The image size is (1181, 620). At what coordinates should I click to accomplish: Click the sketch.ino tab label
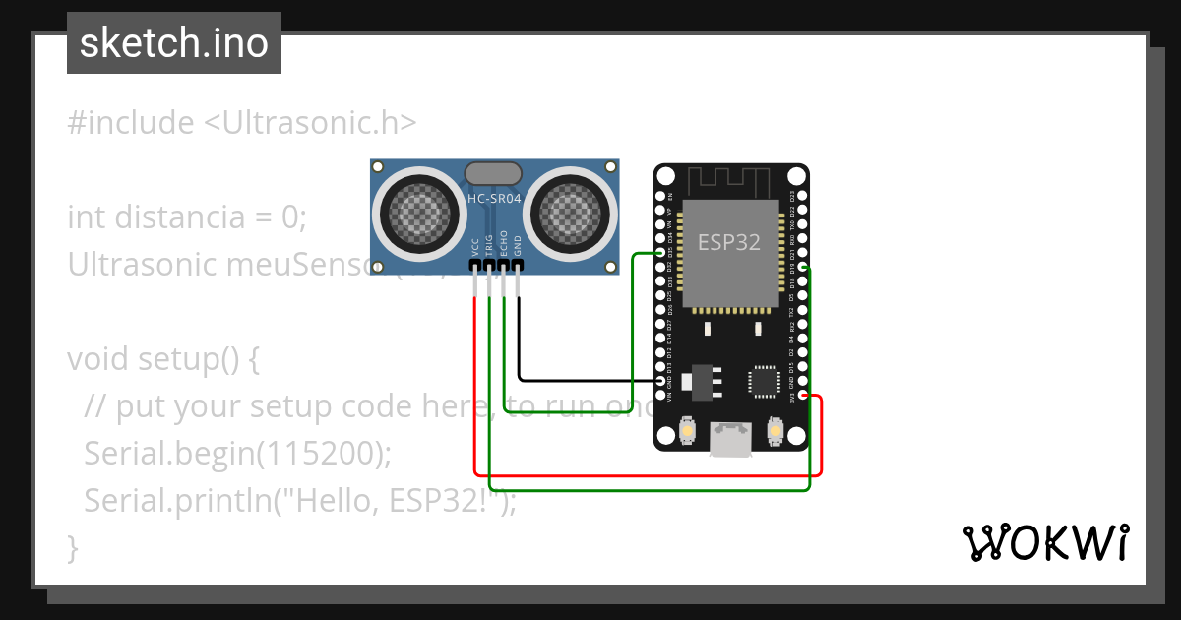click(x=173, y=43)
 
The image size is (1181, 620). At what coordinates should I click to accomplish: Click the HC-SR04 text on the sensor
click(x=494, y=199)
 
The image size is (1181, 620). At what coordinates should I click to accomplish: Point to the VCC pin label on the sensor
click(x=476, y=247)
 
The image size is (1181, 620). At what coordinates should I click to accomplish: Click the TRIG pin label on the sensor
click(x=489, y=247)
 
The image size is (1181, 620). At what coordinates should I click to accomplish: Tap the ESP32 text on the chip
click(x=729, y=242)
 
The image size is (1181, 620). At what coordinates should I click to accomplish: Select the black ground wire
click(x=581, y=380)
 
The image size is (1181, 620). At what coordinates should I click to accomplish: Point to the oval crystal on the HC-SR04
click(x=494, y=173)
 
